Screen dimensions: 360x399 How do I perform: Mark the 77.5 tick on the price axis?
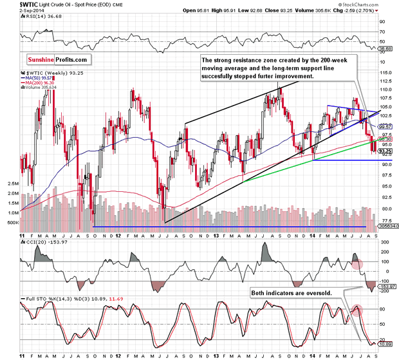pos(384,219)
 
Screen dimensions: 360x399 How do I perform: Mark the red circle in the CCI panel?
pos(357,264)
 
